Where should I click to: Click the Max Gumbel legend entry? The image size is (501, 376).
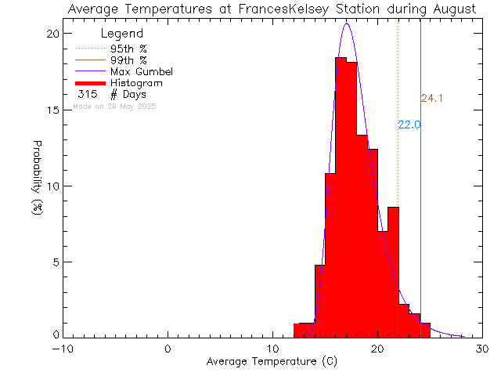[141, 71]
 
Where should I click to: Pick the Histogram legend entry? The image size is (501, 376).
[137, 82]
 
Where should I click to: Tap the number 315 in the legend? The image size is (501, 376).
[87, 94]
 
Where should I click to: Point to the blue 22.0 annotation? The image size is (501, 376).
[409, 125]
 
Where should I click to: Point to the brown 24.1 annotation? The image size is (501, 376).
[432, 99]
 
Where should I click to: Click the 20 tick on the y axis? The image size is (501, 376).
[51, 34]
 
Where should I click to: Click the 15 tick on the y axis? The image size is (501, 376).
[51, 110]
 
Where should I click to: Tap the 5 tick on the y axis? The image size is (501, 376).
[54, 262]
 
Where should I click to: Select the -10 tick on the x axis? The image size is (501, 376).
[62, 349]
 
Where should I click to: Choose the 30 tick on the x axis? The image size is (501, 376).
[483, 349]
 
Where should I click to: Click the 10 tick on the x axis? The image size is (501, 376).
[272, 349]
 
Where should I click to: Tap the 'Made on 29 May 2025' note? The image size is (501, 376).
[114, 106]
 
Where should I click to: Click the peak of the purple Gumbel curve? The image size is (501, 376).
[347, 23]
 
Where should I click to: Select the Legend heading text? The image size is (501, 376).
[122, 34]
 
